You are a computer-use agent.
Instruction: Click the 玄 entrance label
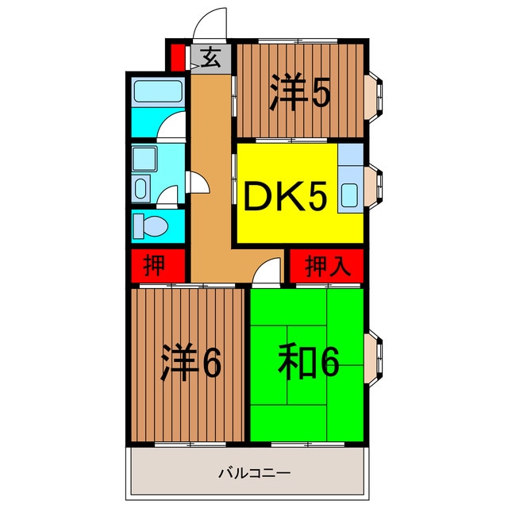click(x=210, y=57)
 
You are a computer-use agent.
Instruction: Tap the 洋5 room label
click(x=299, y=94)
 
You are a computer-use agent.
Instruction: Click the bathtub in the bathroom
click(x=157, y=91)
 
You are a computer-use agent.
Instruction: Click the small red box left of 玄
click(x=177, y=57)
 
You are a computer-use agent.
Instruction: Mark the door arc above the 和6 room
click(x=267, y=275)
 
